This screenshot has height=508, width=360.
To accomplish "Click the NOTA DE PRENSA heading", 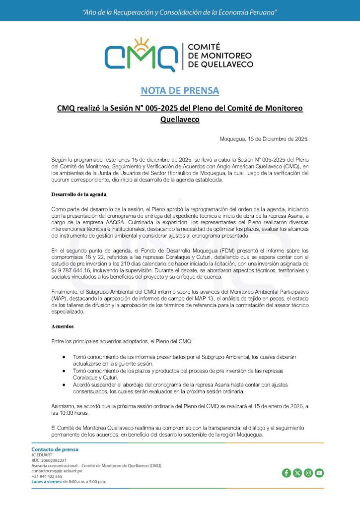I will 180,90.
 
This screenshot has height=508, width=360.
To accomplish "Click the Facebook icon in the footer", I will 287,473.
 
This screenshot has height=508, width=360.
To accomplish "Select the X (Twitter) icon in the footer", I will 297,473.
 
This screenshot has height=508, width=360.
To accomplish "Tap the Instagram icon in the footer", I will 308,473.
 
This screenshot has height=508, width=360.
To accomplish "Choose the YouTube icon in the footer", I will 319,473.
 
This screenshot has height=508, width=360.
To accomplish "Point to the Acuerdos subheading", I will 63,327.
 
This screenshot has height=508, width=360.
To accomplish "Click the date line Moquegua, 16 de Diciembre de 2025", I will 264,139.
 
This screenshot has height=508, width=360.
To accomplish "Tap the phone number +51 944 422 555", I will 47,476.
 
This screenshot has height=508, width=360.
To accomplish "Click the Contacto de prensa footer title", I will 55,449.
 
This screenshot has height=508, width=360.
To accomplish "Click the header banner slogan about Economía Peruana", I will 180,11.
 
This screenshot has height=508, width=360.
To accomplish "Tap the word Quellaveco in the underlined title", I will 180,119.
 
